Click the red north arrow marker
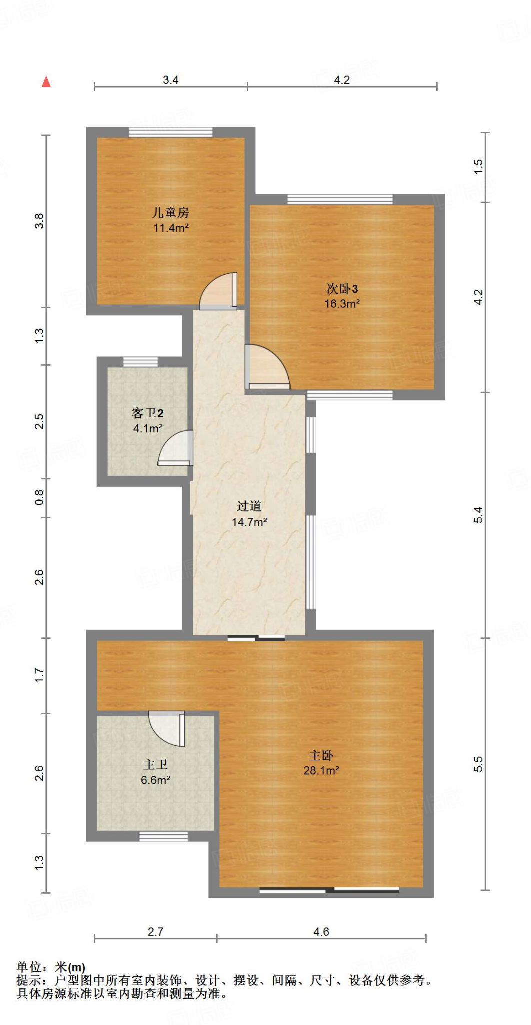coord(46,81)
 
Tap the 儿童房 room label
coord(170,213)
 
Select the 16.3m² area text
coord(342,304)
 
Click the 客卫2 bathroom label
coord(148,413)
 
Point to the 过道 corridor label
coord(249,506)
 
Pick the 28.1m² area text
coord(321,771)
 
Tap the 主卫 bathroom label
coord(155,765)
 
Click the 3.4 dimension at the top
coord(171,80)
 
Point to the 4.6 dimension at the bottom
coord(321,932)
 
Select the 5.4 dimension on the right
coord(478,515)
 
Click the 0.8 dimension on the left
coord(39,497)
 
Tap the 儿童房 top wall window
coord(170,132)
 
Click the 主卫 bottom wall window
coord(164,836)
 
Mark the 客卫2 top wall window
coord(140,362)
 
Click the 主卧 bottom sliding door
coord(329,891)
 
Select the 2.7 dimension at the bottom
coord(155,932)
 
